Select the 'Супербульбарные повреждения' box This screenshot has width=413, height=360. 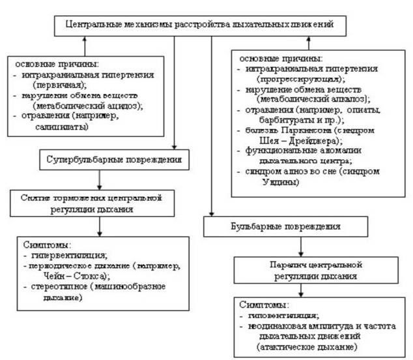111,158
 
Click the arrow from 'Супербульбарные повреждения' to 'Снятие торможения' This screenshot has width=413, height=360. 98,178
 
